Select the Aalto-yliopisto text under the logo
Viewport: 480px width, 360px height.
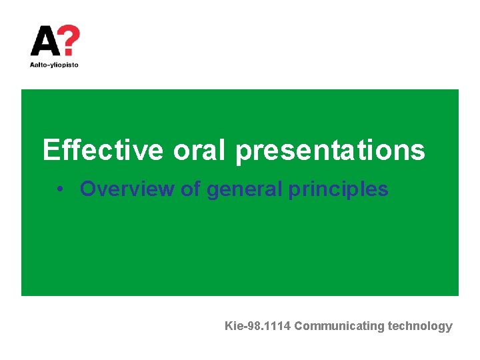(x=55, y=65)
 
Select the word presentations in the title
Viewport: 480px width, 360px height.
(x=330, y=151)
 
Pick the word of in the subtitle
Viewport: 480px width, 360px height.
(x=191, y=189)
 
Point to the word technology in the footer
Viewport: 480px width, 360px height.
(x=420, y=327)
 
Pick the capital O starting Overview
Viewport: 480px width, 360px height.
(x=87, y=189)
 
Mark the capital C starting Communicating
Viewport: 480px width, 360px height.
(x=299, y=326)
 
